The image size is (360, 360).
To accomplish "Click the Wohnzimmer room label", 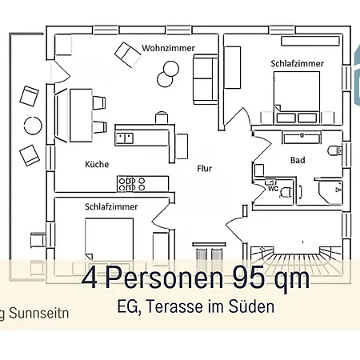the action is tap(168, 48).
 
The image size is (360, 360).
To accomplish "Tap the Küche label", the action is tap(97, 164).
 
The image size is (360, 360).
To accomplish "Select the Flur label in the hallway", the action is tap(204, 168).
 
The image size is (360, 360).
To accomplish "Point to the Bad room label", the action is tap(298, 160).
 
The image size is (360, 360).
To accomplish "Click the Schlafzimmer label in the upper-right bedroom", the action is tap(297, 63).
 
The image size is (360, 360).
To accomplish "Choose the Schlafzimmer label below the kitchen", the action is tap(111, 206).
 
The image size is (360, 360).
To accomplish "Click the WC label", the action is tap(273, 189).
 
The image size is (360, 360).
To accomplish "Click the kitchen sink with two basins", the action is tap(125, 138).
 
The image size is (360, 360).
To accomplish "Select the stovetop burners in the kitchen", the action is tap(132, 184).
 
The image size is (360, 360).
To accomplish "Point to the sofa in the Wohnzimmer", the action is tap(206, 79).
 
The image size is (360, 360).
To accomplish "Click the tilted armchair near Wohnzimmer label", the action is tap(128, 54).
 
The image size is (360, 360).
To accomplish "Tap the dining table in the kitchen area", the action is tap(81, 115).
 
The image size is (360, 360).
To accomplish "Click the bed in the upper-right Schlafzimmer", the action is tap(297, 98).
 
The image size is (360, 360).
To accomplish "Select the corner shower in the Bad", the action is tap(330, 191).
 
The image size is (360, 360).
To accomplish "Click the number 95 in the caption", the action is tap(249, 278).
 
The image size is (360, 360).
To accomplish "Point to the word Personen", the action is tap(164, 278).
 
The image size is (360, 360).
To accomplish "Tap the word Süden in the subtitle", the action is tap(251, 306).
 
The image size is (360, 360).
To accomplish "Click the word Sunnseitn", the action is tap(39, 313).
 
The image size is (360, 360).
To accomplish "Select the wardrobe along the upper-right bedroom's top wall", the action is tap(310, 41).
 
